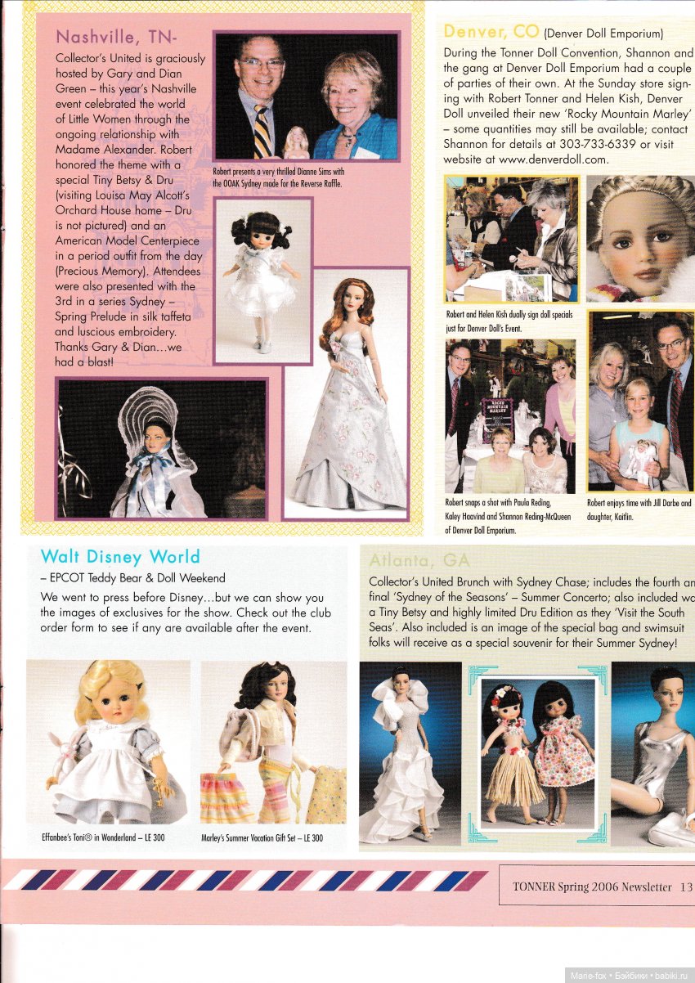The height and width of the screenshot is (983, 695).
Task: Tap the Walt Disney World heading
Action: pyautogui.click(x=120, y=557)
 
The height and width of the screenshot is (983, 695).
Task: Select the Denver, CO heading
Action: pyautogui.click(x=491, y=32)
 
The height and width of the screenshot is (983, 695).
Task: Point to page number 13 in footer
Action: pyautogui.click(x=685, y=886)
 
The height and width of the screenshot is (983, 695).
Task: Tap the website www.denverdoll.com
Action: pyautogui.click(x=564, y=159)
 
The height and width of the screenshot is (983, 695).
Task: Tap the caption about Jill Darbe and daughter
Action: pyautogui.click(x=639, y=510)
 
